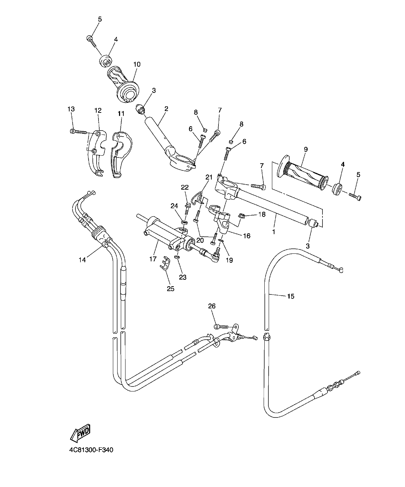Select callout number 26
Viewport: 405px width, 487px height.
tap(212, 306)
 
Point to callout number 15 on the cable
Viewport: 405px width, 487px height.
tap(291, 296)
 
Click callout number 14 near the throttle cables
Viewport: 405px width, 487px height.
tap(83, 260)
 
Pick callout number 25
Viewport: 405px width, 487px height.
tap(170, 288)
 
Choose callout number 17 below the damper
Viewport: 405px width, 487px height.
tap(153, 259)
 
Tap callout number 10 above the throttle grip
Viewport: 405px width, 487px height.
tap(137, 65)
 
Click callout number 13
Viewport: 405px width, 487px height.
tap(71, 109)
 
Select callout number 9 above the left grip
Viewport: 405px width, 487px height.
tap(305, 149)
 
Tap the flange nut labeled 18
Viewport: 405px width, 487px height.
tap(242, 216)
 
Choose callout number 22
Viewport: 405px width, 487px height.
tap(185, 187)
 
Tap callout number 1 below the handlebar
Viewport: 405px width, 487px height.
tap(273, 232)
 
